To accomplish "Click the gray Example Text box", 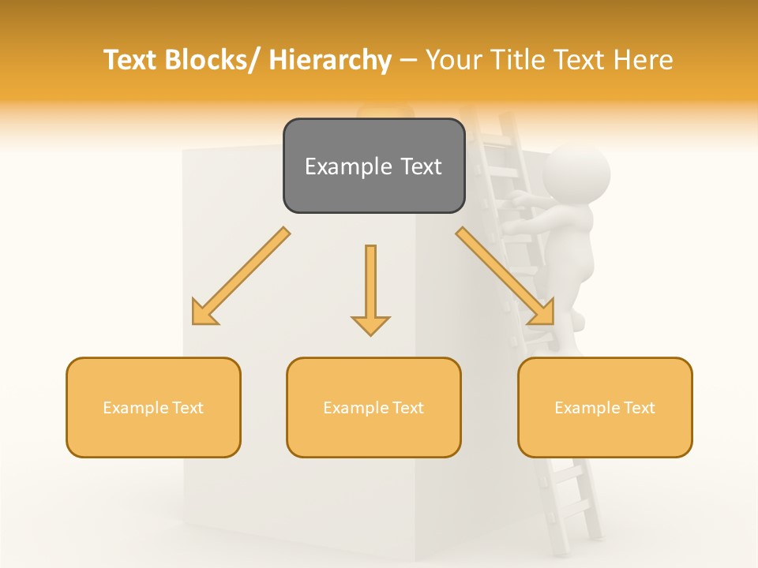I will pyautogui.click(x=373, y=166).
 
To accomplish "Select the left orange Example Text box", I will pyautogui.click(x=153, y=407).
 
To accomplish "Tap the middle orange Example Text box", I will pyautogui.click(x=373, y=407).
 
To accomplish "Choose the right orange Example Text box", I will pyautogui.click(x=605, y=407).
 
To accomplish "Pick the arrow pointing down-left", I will pyautogui.click(x=240, y=277).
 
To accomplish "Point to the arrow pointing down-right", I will pyautogui.click(x=506, y=277).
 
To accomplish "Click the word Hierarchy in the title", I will pyautogui.click(x=329, y=60).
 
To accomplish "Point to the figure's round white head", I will pyautogui.click(x=576, y=174).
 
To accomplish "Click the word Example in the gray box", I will pyautogui.click(x=338, y=166).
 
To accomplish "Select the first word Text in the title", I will pyautogui.click(x=131, y=60).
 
